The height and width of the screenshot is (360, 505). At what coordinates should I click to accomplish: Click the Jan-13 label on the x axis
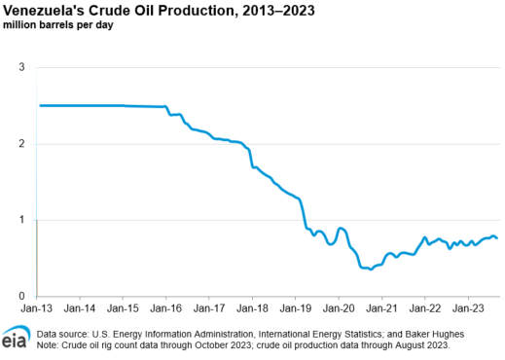[x=36, y=309]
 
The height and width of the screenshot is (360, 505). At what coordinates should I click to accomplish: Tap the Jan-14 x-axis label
[x=80, y=309]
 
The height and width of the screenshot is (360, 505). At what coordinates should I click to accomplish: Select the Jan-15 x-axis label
[x=123, y=309]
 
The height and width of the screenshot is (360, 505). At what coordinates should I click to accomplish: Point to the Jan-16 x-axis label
[x=165, y=309]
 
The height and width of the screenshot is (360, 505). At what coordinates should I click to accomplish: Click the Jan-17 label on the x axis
[x=209, y=309]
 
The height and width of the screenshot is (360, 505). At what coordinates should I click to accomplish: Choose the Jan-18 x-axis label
[x=252, y=309]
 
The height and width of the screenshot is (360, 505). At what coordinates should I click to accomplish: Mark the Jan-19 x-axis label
[x=295, y=309]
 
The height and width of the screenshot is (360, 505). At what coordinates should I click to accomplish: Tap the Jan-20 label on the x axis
[x=339, y=309]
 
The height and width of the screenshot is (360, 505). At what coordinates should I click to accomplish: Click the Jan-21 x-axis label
[x=381, y=309]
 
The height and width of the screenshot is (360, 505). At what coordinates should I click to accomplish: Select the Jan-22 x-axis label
[x=425, y=309]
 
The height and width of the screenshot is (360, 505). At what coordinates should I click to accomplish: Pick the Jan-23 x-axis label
[x=468, y=309]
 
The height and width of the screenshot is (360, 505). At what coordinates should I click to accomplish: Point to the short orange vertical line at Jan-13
[x=37, y=257]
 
